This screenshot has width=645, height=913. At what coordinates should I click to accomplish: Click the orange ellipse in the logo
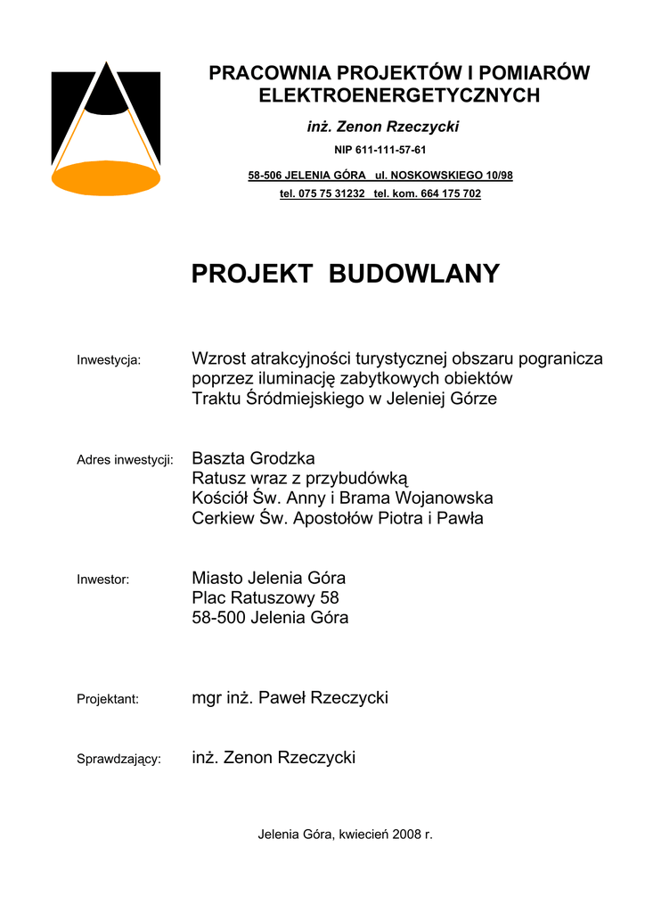pyautogui.click(x=105, y=177)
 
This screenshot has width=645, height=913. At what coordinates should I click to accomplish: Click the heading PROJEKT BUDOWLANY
pyautogui.click(x=346, y=274)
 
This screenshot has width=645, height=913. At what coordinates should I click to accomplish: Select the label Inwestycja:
pyautogui.click(x=109, y=360)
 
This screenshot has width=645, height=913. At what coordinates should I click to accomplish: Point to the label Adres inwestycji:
pyautogui.click(x=125, y=460)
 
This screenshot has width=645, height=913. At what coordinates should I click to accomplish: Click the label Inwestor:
pyautogui.click(x=103, y=580)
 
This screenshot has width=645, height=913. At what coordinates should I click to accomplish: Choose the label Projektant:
pyautogui.click(x=108, y=699)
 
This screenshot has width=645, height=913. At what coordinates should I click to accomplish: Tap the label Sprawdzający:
pyautogui.click(x=118, y=759)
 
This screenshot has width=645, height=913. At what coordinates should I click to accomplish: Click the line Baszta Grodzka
pyautogui.click(x=254, y=458)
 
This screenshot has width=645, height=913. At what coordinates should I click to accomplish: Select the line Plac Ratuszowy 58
pyautogui.click(x=265, y=597)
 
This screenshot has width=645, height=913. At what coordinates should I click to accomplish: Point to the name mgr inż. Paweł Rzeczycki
pyautogui.click(x=290, y=697)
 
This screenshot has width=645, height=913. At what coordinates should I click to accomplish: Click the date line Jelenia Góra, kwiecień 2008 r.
pyautogui.click(x=345, y=835)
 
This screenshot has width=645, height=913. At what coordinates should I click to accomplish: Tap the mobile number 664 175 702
pyautogui.click(x=449, y=193)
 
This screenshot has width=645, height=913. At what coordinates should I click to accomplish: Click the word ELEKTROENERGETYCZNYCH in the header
pyautogui.click(x=399, y=95)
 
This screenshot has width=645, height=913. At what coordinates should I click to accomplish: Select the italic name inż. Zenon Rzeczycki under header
pyautogui.click(x=383, y=127)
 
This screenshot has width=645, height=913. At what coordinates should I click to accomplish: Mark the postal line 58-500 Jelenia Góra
pyautogui.click(x=271, y=617)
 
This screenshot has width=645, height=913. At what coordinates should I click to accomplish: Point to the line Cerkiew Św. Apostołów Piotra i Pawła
pyautogui.click(x=338, y=518)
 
